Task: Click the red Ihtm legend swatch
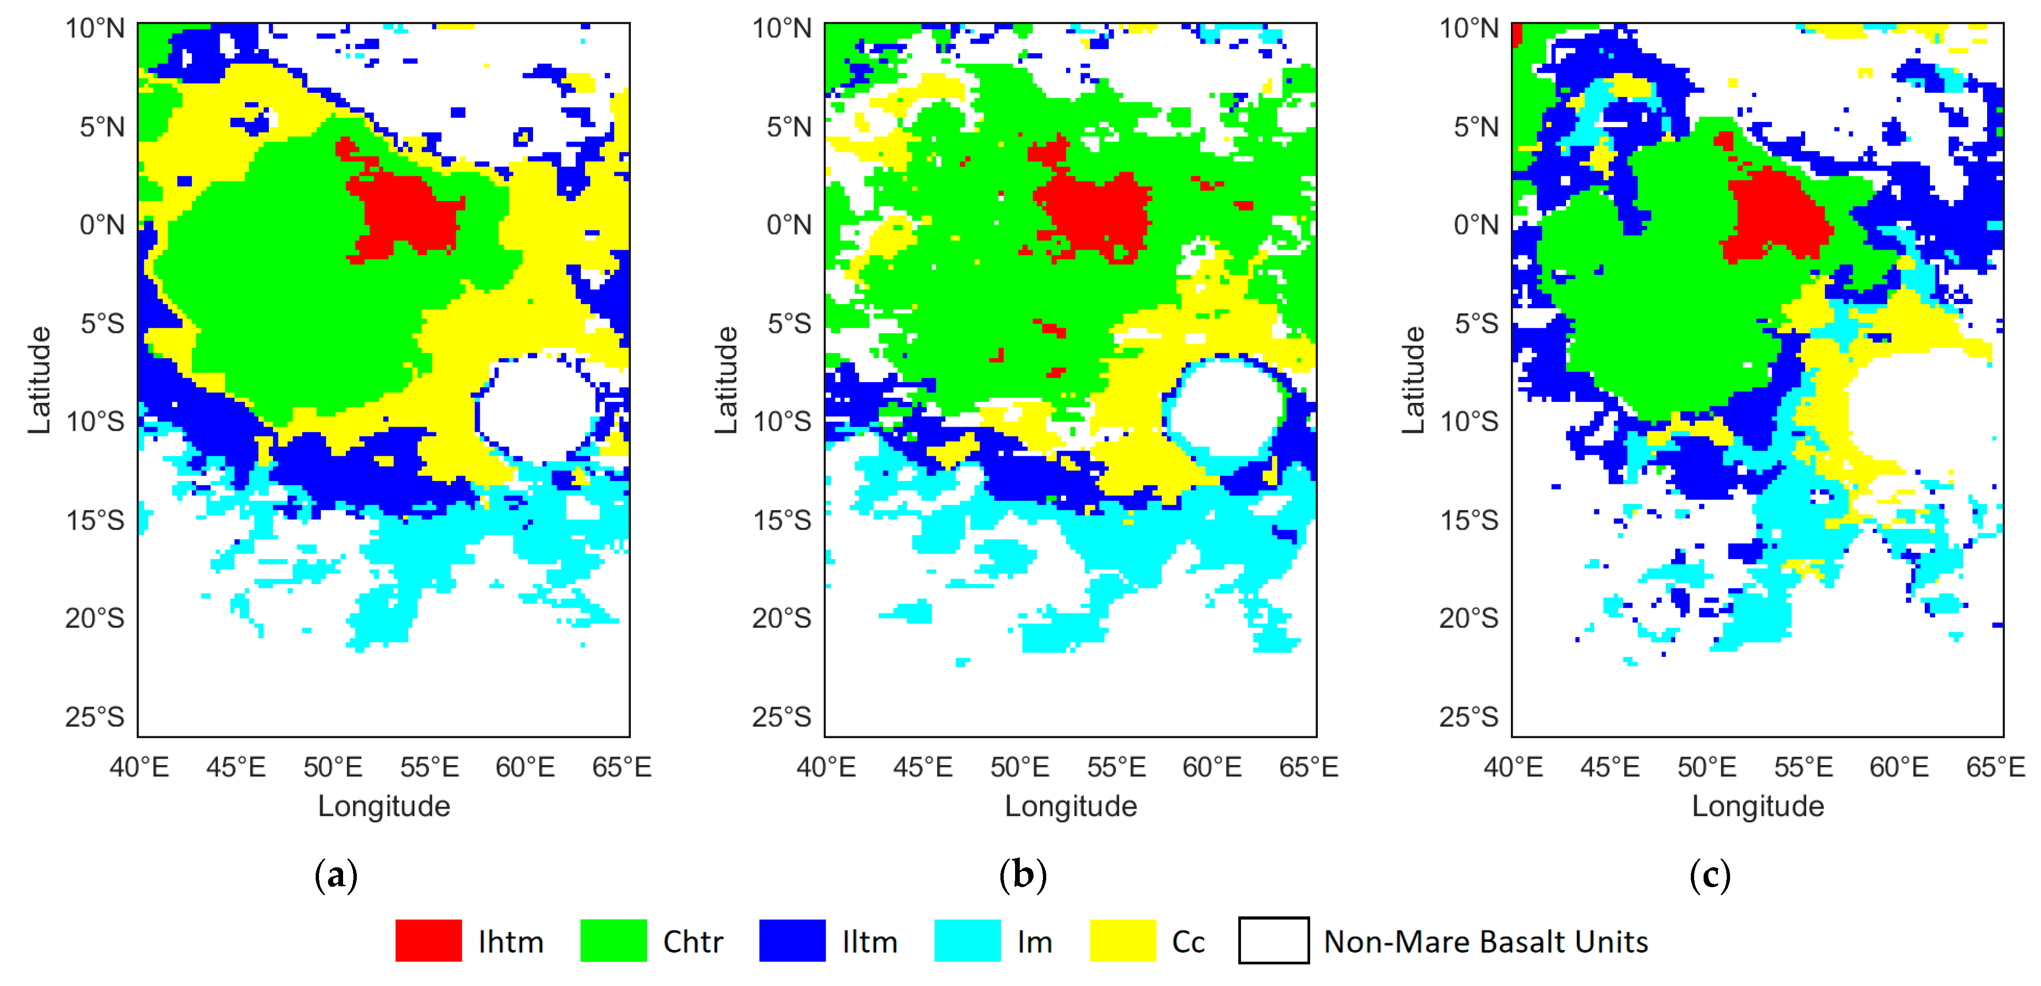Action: pos(428,941)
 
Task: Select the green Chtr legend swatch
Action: pos(613,941)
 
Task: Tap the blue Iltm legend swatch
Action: pos(792,941)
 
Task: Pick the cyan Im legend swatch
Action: pos(966,941)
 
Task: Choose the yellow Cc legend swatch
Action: pos(1122,941)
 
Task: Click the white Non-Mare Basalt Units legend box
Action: pos(1273,941)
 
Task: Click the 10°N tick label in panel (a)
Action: pos(95,28)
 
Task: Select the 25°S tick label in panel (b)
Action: pos(781,716)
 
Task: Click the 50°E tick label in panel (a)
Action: pos(333,767)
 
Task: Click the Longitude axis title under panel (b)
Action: pos(1070,806)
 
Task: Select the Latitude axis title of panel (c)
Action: pos(1412,381)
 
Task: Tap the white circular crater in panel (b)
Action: pos(1226,408)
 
